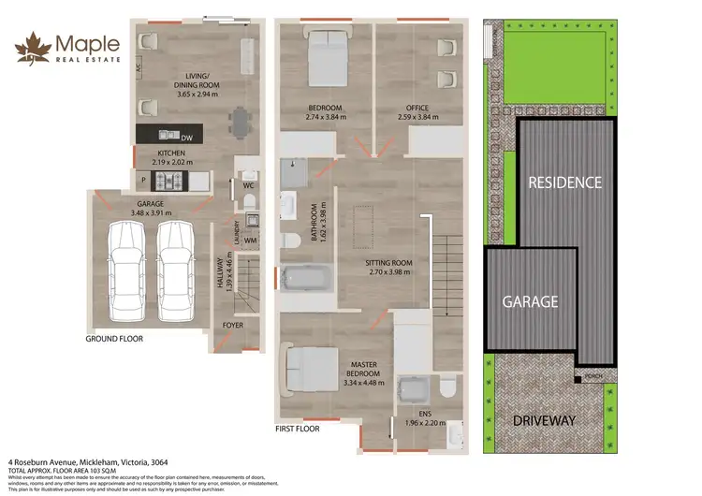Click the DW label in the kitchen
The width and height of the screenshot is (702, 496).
186,135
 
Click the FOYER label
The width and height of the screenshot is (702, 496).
232,326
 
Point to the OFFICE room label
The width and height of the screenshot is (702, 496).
417,108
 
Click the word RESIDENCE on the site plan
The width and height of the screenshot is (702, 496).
565,182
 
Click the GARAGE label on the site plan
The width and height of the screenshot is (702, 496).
531,301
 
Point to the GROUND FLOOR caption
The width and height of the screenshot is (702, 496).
114,339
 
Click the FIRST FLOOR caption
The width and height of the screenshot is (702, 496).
298,429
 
